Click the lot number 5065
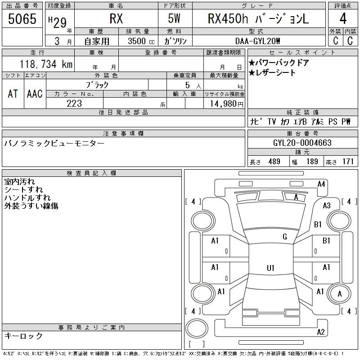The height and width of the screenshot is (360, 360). (x=22, y=19)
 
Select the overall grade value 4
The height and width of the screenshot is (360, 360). (x=343, y=18)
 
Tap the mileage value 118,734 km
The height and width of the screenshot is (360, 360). (x=46, y=64)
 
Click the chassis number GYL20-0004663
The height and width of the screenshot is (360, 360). (x=302, y=143)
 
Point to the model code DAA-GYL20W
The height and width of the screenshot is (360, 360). (x=257, y=41)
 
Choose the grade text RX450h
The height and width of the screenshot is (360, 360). (x=228, y=18)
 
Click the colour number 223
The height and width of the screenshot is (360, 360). (x=74, y=103)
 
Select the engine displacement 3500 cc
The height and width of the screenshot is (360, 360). (x=141, y=41)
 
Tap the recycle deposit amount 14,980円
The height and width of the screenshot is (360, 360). (x=226, y=103)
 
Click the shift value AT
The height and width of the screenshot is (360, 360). (x=13, y=94)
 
